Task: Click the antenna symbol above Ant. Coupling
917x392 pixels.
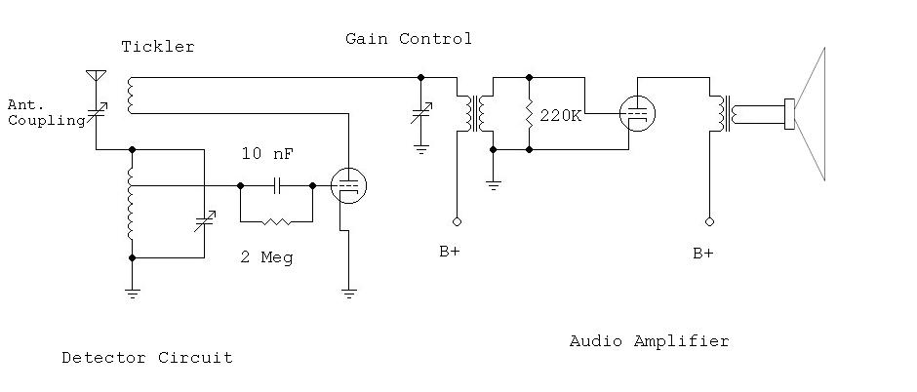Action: pyautogui.click(x=96, y=74)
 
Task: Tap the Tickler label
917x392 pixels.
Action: pyautogui.click(x=157, y=47)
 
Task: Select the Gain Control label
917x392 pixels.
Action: pyautogui.click(x=408, y=39)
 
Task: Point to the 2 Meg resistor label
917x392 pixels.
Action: pyautogui.click(x=266, y=258)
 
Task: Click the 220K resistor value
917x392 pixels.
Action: pyautogui.click(x=560, y=115)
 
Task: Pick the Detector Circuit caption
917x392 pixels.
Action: pyautogui.click(x=146, y=358)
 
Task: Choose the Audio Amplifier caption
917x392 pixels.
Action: pyautogui.click(x=649, y=341)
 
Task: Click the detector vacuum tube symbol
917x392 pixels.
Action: pyautogui.click(x=348, y=184)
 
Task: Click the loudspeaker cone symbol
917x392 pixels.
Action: pyautogui.click(x=809, y=113)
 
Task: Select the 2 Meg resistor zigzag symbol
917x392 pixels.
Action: pyautogui.click(x=276, y=221)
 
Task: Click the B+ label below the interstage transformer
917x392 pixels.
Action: pyautogui.click(x=450, y=252)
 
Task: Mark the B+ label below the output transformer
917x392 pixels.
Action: pyautogui.click(x=702, y=253)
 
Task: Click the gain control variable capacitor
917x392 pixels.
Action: pyautogui.click(x=421, y=112)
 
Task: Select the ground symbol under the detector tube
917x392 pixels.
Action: pyautogui.click(x=348, y=290)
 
